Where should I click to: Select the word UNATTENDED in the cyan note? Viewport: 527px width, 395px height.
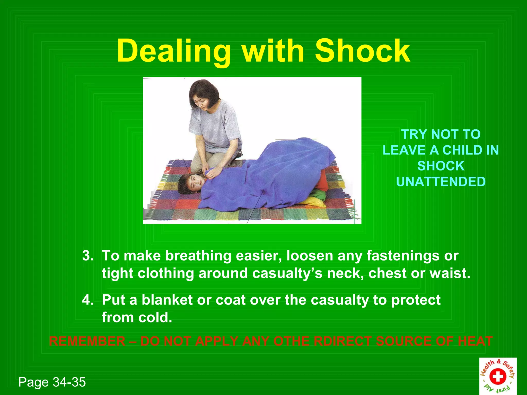(441, 182)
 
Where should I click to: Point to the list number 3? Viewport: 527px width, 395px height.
(88, 256)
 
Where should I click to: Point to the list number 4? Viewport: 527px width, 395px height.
(88, 300)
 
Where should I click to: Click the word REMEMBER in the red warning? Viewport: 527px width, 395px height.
(87, 341)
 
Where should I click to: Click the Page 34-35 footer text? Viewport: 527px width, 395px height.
(52, 382)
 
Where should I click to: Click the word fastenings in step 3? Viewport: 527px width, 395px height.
(403, 256)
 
